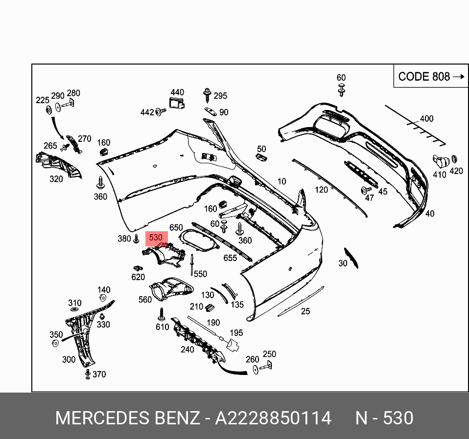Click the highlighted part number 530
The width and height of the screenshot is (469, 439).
click(156, 238)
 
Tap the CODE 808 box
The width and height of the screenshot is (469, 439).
click(430, 76)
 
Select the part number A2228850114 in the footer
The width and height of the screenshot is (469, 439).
click(274, 418)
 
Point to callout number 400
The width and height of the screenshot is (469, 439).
click(426, 118)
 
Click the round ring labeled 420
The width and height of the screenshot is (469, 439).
click(454, 159)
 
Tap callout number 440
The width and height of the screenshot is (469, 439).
click(177, 92)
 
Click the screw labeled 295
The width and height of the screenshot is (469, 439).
click(207, 93)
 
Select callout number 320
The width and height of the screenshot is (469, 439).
click(56, 179)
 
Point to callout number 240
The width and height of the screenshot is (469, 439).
click(188, 350)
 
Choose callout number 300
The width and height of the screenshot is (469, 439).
click(69, 360)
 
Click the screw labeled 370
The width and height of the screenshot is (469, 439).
click(88, 374)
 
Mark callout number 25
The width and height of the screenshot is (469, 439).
click(305, 311)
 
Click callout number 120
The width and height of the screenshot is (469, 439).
click(321, 190)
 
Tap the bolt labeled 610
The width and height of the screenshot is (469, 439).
click(161, 313)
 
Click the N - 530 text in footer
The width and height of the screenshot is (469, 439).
click(384, 418)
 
